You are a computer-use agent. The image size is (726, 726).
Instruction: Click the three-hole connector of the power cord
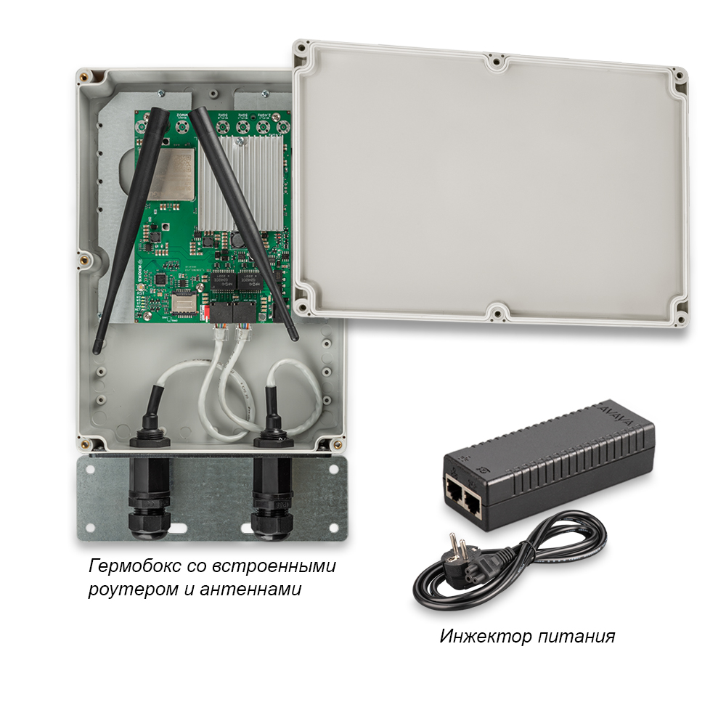coord(496,561)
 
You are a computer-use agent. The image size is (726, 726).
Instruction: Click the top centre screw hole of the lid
coord(497,62)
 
